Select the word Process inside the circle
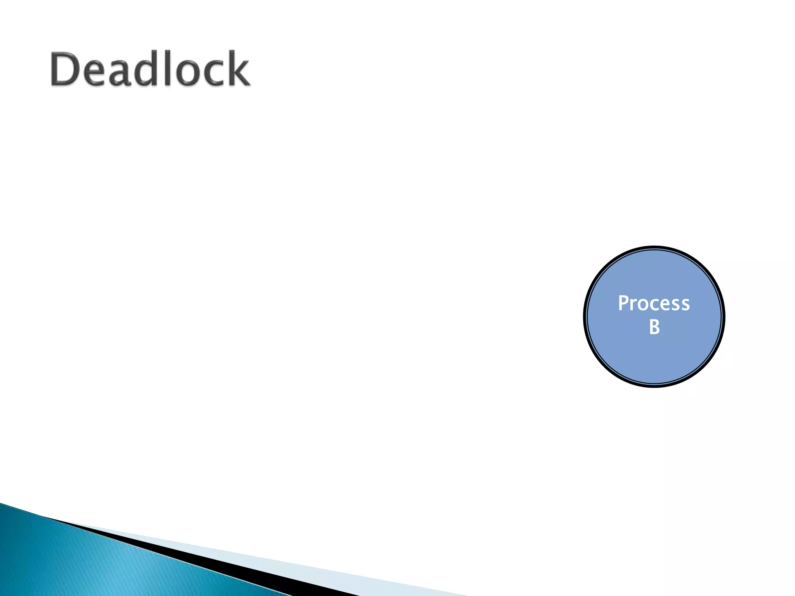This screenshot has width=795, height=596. [654, 303]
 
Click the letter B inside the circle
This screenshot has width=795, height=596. [654, 327]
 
